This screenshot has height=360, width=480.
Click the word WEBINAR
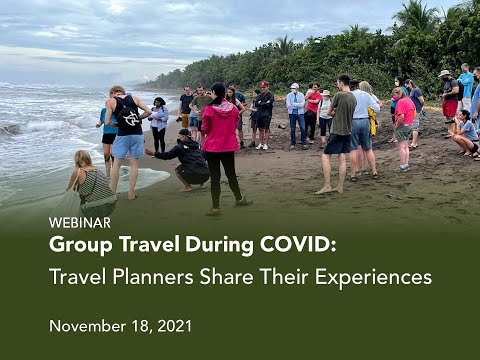point(79,222)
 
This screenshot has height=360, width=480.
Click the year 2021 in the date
point(172,325)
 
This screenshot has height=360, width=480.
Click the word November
point(86,325)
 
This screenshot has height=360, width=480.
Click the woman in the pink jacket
point(220,140)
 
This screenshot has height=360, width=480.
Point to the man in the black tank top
point(128,125)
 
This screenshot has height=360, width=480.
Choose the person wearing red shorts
point(449,100)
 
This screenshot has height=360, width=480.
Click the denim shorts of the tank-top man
point(129,147)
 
